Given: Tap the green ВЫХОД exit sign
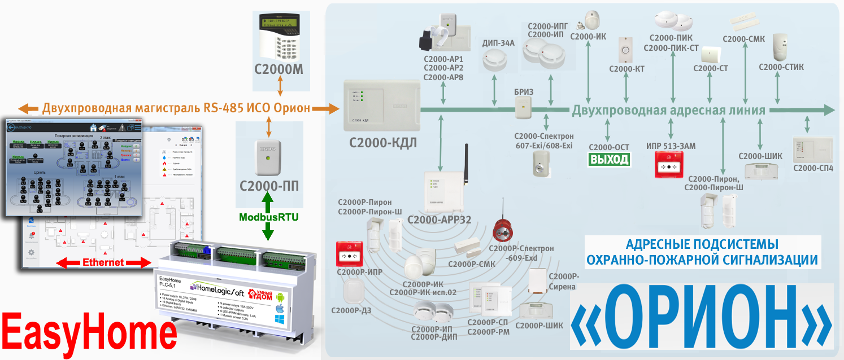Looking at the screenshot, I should [609, 160].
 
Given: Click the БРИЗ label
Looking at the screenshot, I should [523, 91].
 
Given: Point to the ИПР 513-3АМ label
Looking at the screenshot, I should [671, 146].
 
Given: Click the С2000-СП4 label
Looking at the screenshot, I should [813, 168].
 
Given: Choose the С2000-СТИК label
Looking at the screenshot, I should [781, 67].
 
